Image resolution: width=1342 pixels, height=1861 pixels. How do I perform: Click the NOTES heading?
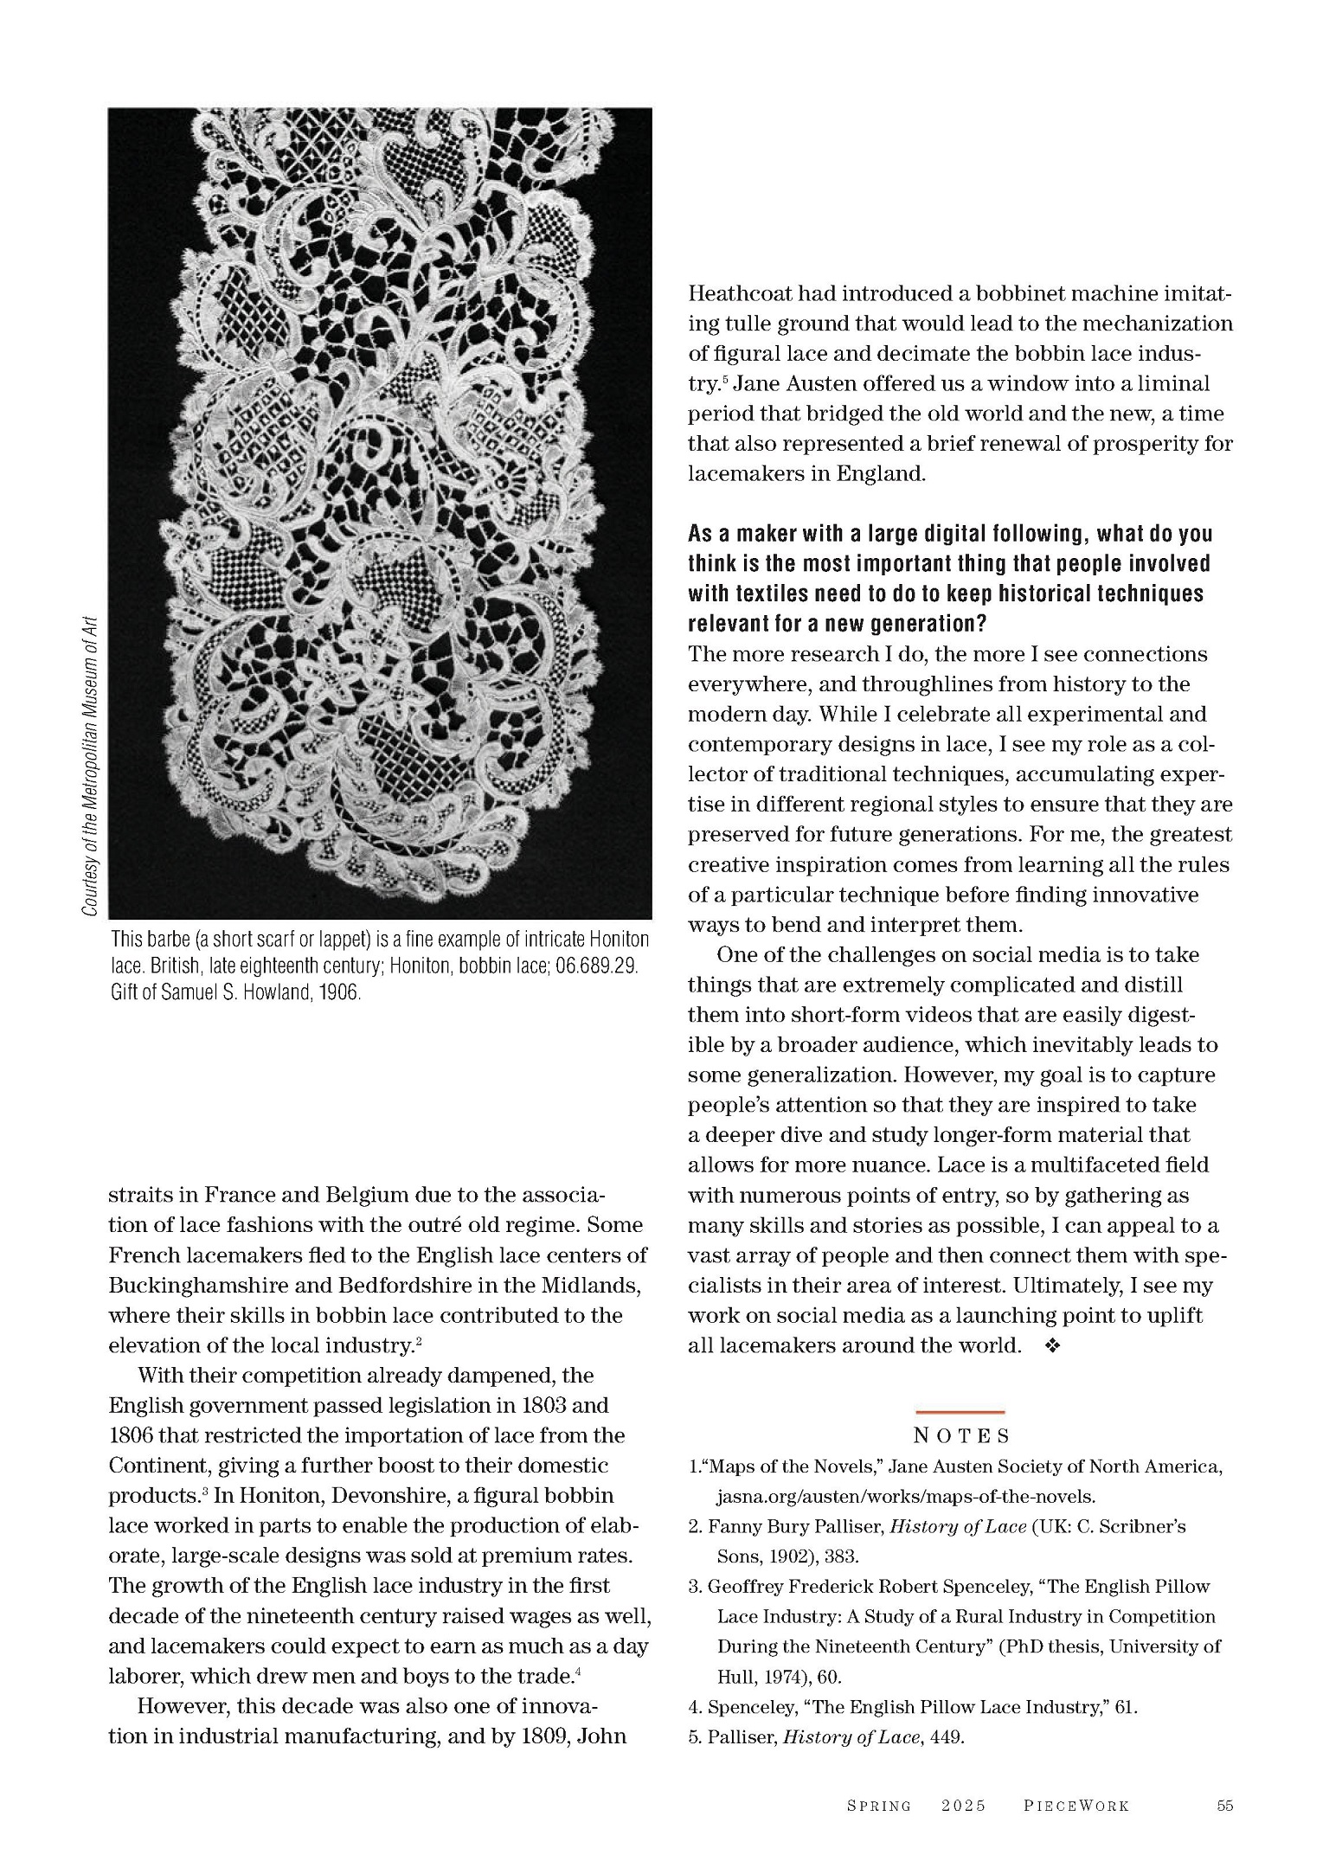pyautogui.click(x=960, y=1436)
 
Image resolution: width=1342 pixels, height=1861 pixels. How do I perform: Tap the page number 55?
pyautogui.click(x=1224, y=1806)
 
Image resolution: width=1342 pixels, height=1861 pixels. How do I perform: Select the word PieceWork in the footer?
pyautogui.click(x=1076, y=1806)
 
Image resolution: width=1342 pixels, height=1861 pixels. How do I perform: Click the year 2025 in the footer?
pyautogui.click(x=964, y=1806)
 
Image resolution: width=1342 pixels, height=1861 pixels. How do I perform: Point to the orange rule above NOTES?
pyautogui.click(x=960, y=1412)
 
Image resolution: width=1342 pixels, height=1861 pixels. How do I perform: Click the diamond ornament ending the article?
pyautogui.click(x=1053, y=1346)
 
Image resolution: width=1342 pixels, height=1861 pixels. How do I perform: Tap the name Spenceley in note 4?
pyautogui.click(x=749, y=1707)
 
